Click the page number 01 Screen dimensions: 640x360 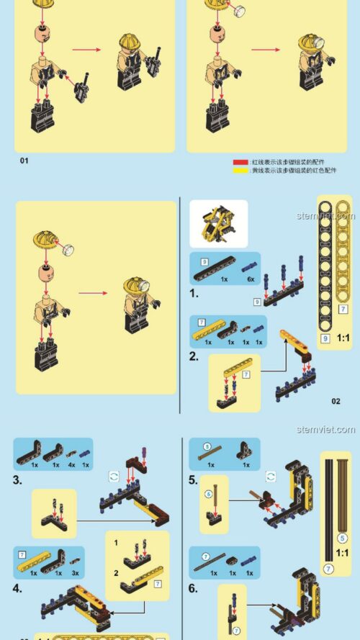point(24,161)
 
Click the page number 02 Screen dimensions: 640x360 point(336,401)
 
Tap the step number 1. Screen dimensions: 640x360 point(194,293)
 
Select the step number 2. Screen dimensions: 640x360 point(194,356)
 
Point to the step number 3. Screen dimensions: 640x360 point(17,479)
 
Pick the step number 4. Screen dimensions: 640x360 point(17,587)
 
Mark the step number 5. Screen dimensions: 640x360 point(193,479)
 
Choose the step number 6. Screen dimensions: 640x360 point(193,587)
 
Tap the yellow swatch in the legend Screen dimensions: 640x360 point(240,171)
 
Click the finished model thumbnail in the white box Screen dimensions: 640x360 point(218,223)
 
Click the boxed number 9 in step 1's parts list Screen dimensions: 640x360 point(204,261)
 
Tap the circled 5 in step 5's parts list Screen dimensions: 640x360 point(206,446)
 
